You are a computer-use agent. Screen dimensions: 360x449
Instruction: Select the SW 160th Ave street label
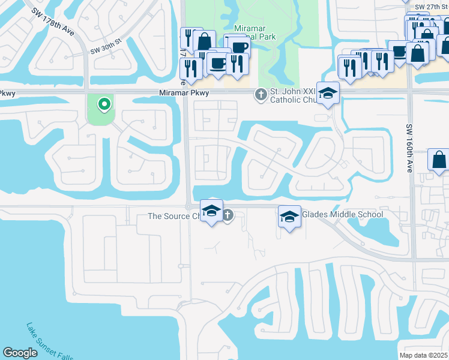[409, 148]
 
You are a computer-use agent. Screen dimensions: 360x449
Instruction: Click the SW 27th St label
[430, 6]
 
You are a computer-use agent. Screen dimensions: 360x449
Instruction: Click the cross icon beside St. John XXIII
[261, 94]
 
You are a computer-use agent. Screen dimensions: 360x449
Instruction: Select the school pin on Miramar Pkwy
[328, 93]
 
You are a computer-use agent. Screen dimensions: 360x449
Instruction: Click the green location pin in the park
[104, 105]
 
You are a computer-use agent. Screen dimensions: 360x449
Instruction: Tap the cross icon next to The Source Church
[228, 215]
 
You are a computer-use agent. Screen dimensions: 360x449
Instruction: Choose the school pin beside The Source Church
[211, 211]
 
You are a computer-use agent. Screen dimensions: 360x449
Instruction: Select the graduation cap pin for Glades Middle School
[289, 217]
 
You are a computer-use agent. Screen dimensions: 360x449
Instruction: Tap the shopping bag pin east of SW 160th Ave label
[439, 160]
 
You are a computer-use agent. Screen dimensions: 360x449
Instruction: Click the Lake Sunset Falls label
[49, 342]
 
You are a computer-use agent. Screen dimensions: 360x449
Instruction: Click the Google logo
[20, 353]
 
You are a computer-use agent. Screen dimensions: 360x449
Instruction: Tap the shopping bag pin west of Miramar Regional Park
[204, 41]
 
